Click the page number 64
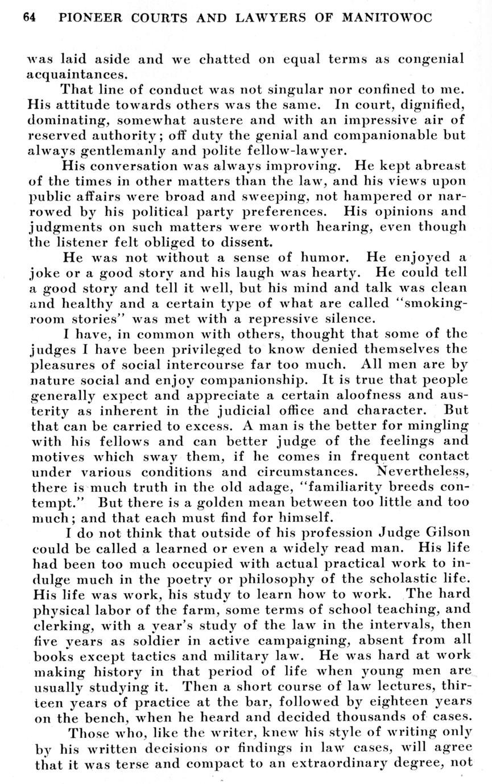(30, 18)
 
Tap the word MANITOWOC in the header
(387, 18)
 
